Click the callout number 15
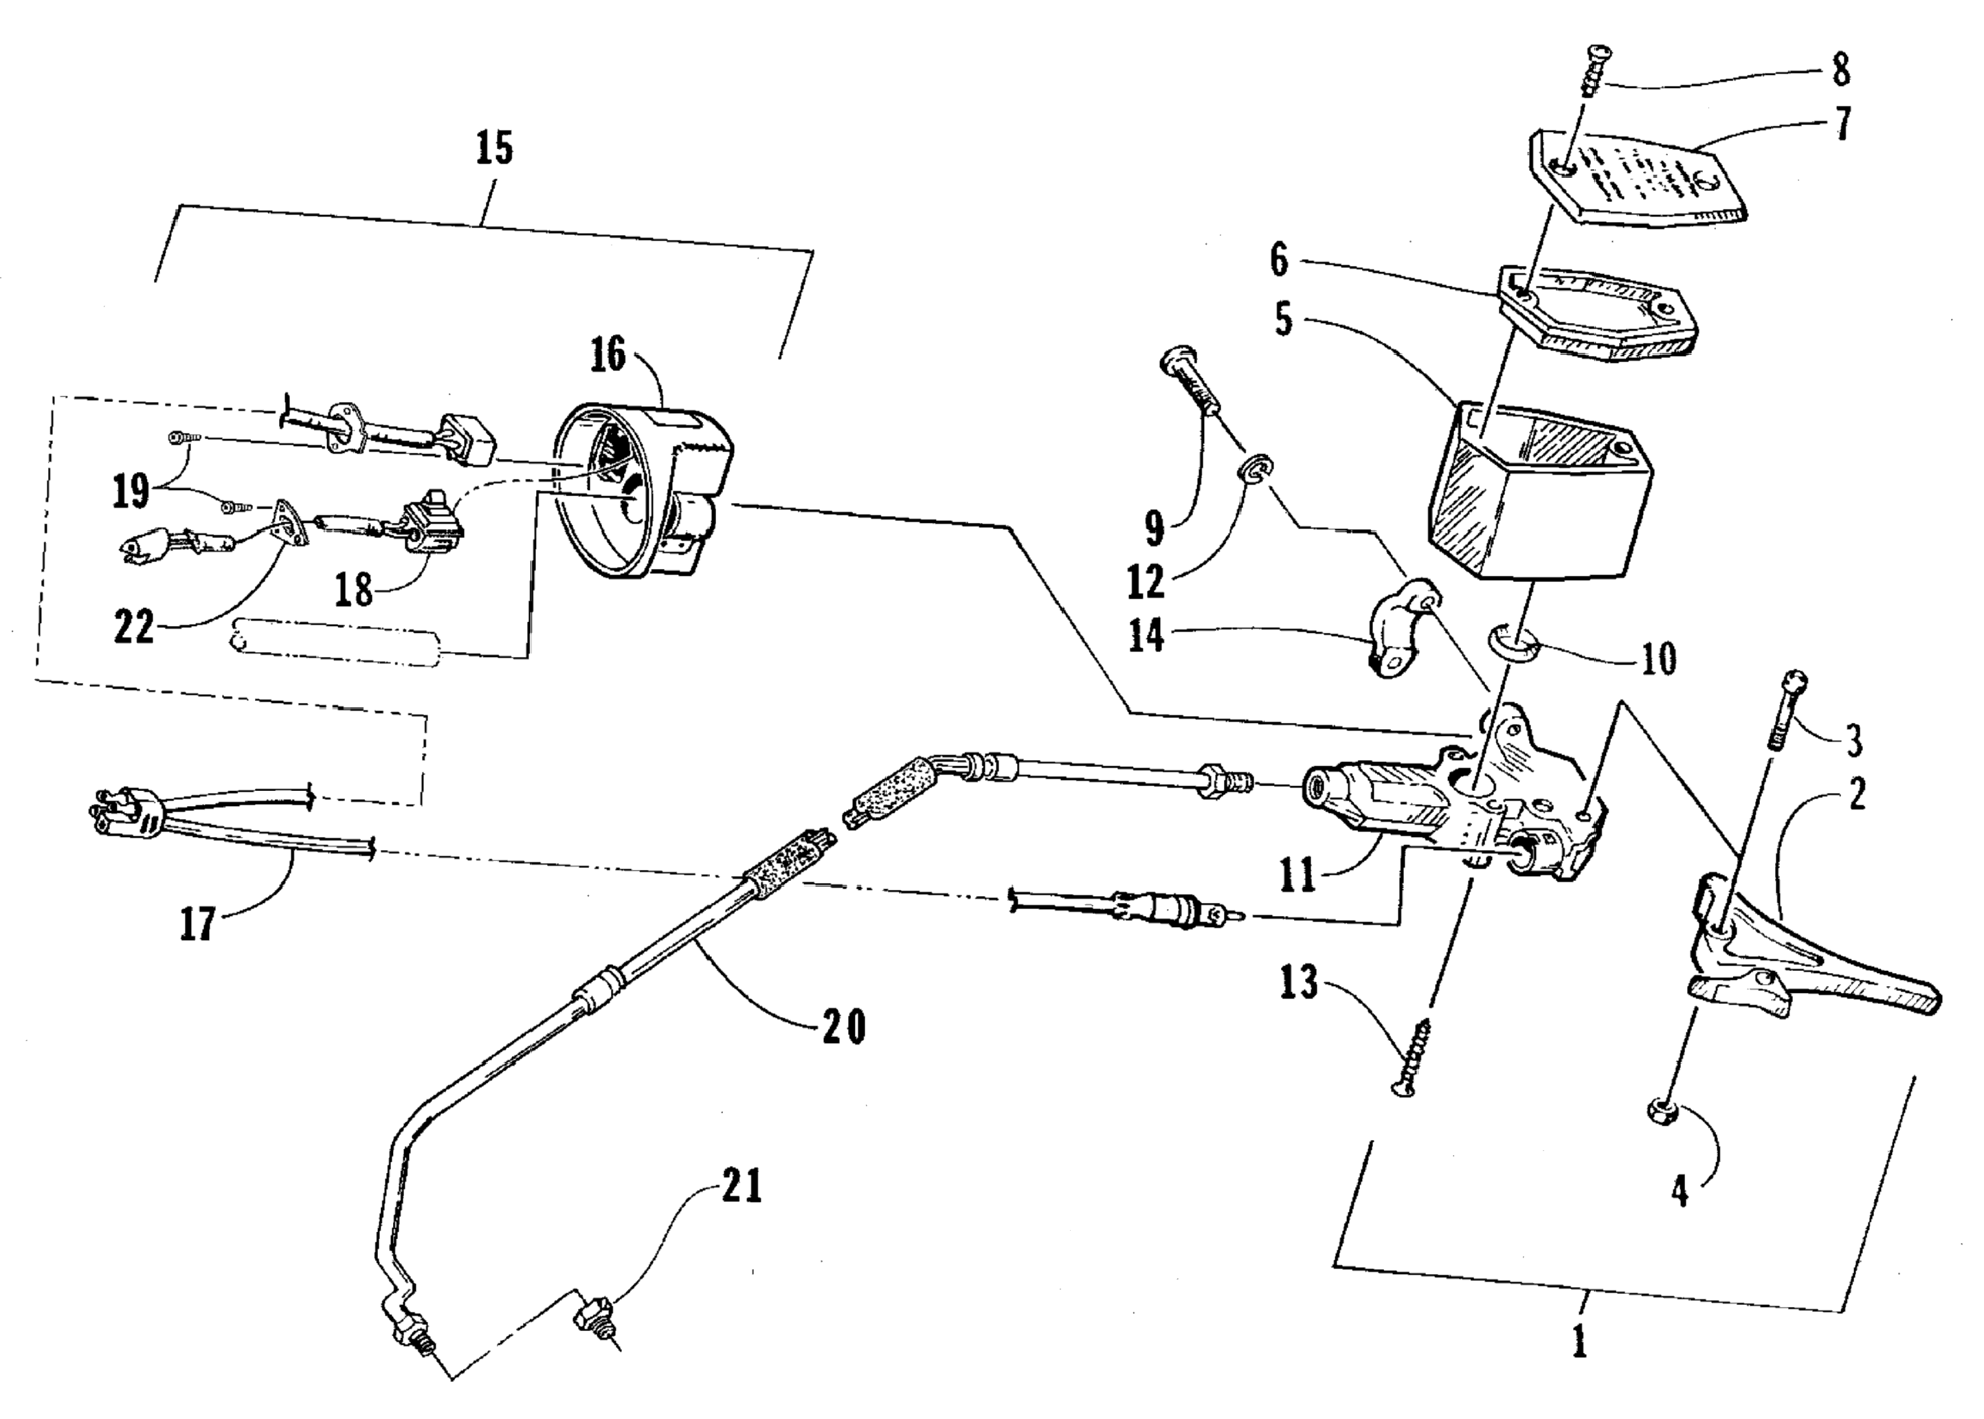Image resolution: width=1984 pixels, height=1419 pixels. pyautogui.click(x=495, y=148)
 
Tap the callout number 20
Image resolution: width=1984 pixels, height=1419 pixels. pyautogui.click(x=843, y=1026)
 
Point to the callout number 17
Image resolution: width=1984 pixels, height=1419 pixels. pyautogui.click(x=197, y=924)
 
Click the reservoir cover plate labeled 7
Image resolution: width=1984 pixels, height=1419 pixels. pyautogui.click(x=1633, y=183)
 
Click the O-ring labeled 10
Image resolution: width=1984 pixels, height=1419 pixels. pyautogui.click(x=1515, y=647)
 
